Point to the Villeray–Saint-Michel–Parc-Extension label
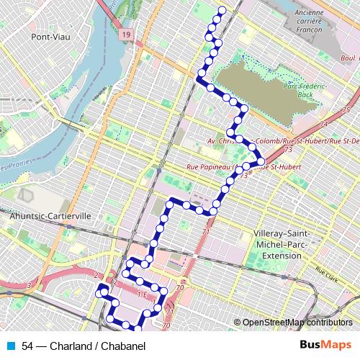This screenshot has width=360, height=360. pyautogui.click(x=287, y=245)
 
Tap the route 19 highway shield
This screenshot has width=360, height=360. pyautogui.click(x=127, y=35)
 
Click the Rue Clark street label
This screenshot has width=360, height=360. pyautogui.click(x=328, y=271)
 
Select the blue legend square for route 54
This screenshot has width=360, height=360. pyautogui.click(x=9, y=346)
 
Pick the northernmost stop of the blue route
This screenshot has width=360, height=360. pyautogui.click(x=222, y=10)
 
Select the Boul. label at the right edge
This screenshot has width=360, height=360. pyautogui.click(x=349, y=58)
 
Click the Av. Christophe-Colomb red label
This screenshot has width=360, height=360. pyautogui.click(x=243, y=141)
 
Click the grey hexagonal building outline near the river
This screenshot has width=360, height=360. pyautogui.click(x=27, y=194)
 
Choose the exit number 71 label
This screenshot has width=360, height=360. pyautogui.click(x=206, y=233)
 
